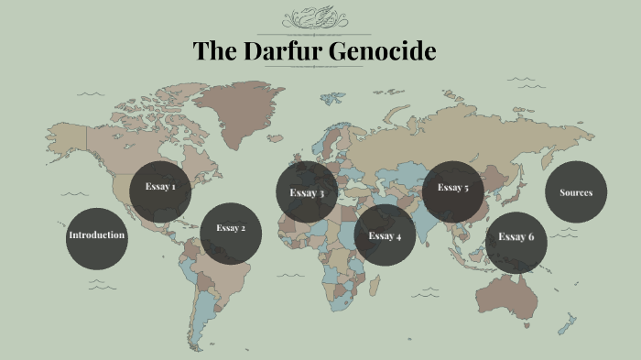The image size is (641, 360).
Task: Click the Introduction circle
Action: point(96,235)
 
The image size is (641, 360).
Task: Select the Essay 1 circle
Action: point(160,188)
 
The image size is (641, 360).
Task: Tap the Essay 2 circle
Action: point(231,229)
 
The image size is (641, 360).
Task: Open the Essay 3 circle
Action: point(307,192)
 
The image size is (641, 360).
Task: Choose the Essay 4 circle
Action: point(385,235)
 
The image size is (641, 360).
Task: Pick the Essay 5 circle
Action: point(452,189)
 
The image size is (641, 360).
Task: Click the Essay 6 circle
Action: point(516,238)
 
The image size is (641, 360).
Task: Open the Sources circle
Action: point(576,192)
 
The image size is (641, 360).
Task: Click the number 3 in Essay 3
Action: point(321,193)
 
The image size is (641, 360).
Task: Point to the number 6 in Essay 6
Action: point(530,238)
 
